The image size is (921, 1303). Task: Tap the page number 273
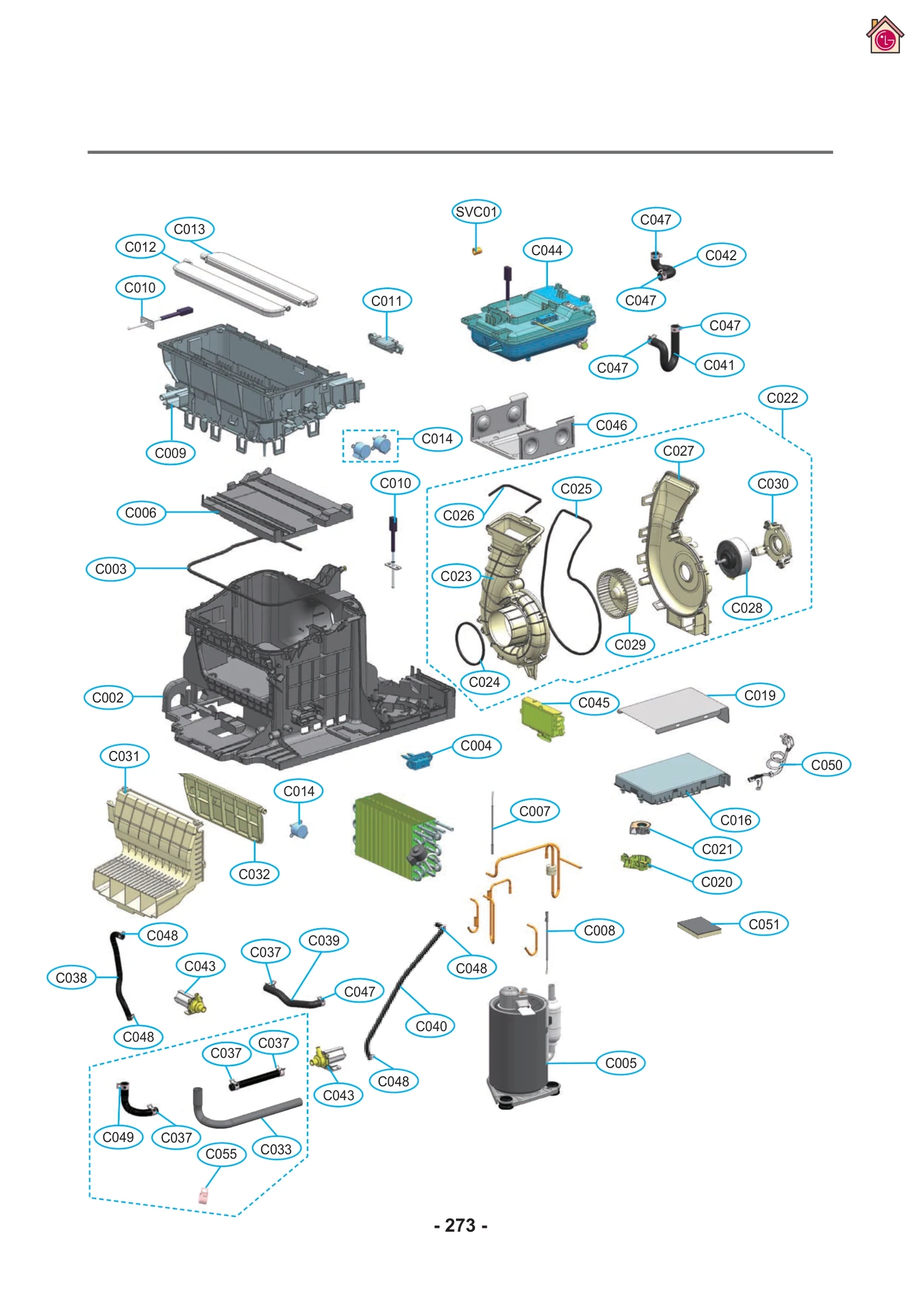tap(460, 1225)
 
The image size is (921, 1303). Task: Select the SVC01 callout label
tap(475, 211)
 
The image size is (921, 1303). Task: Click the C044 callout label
tap(546, 250)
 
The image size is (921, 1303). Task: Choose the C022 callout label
tap(782, 397)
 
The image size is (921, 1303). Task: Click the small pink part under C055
tap(203, 1196)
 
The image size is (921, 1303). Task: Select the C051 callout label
tap(763, 924)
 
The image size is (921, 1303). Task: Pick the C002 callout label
tap(108, 697)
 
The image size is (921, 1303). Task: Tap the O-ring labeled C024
tap(470, 643)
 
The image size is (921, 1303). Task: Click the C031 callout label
tap(124, 755)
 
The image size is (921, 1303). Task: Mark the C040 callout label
tap(431, 1025)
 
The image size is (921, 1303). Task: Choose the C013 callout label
tap(189, 229)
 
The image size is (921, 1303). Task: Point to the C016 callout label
tap(735, 819)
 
